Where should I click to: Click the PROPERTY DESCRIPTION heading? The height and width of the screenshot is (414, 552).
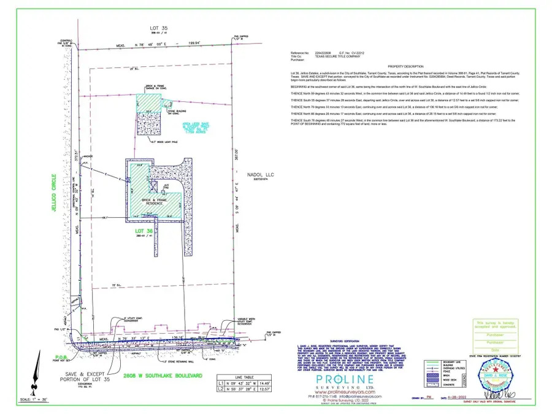[405, 66]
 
